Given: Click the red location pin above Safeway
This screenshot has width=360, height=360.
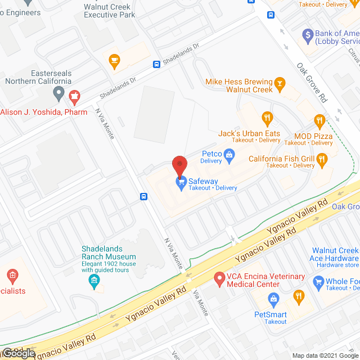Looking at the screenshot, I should tap(179, 165).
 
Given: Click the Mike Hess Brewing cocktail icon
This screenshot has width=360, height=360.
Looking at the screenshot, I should tap(280, 85).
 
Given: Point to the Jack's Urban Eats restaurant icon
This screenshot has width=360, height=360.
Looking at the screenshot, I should tap(267, 119).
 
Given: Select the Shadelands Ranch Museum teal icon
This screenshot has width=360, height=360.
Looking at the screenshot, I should tap(94, 280).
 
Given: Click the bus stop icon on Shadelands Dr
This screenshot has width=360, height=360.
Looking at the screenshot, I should tap(157, 64).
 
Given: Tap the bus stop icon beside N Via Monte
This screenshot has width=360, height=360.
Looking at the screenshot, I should tap(144, 196).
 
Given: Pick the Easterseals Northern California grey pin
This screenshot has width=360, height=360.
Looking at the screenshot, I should tap(58, 92).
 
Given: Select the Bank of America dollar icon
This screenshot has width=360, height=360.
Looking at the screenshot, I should tap(307, 36).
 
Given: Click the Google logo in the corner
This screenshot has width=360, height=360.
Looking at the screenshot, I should tap(18, 353).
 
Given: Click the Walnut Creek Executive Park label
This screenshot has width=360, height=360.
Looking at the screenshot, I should tap(109, 11).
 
